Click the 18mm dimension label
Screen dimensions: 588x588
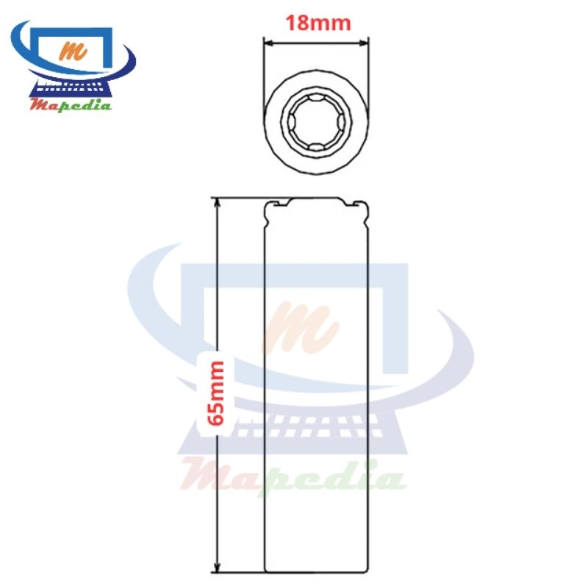pos(318,23)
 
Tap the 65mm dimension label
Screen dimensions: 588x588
pos(216,393)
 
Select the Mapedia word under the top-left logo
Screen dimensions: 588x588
pos(71,104)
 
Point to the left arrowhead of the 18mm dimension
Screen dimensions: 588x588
pos(268,43)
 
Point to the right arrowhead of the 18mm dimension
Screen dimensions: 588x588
pos(363,43)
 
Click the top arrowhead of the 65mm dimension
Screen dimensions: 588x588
pos(217,203)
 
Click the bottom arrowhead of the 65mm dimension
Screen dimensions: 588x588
pos(217,567)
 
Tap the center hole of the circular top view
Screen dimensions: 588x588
pos(316,122)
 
